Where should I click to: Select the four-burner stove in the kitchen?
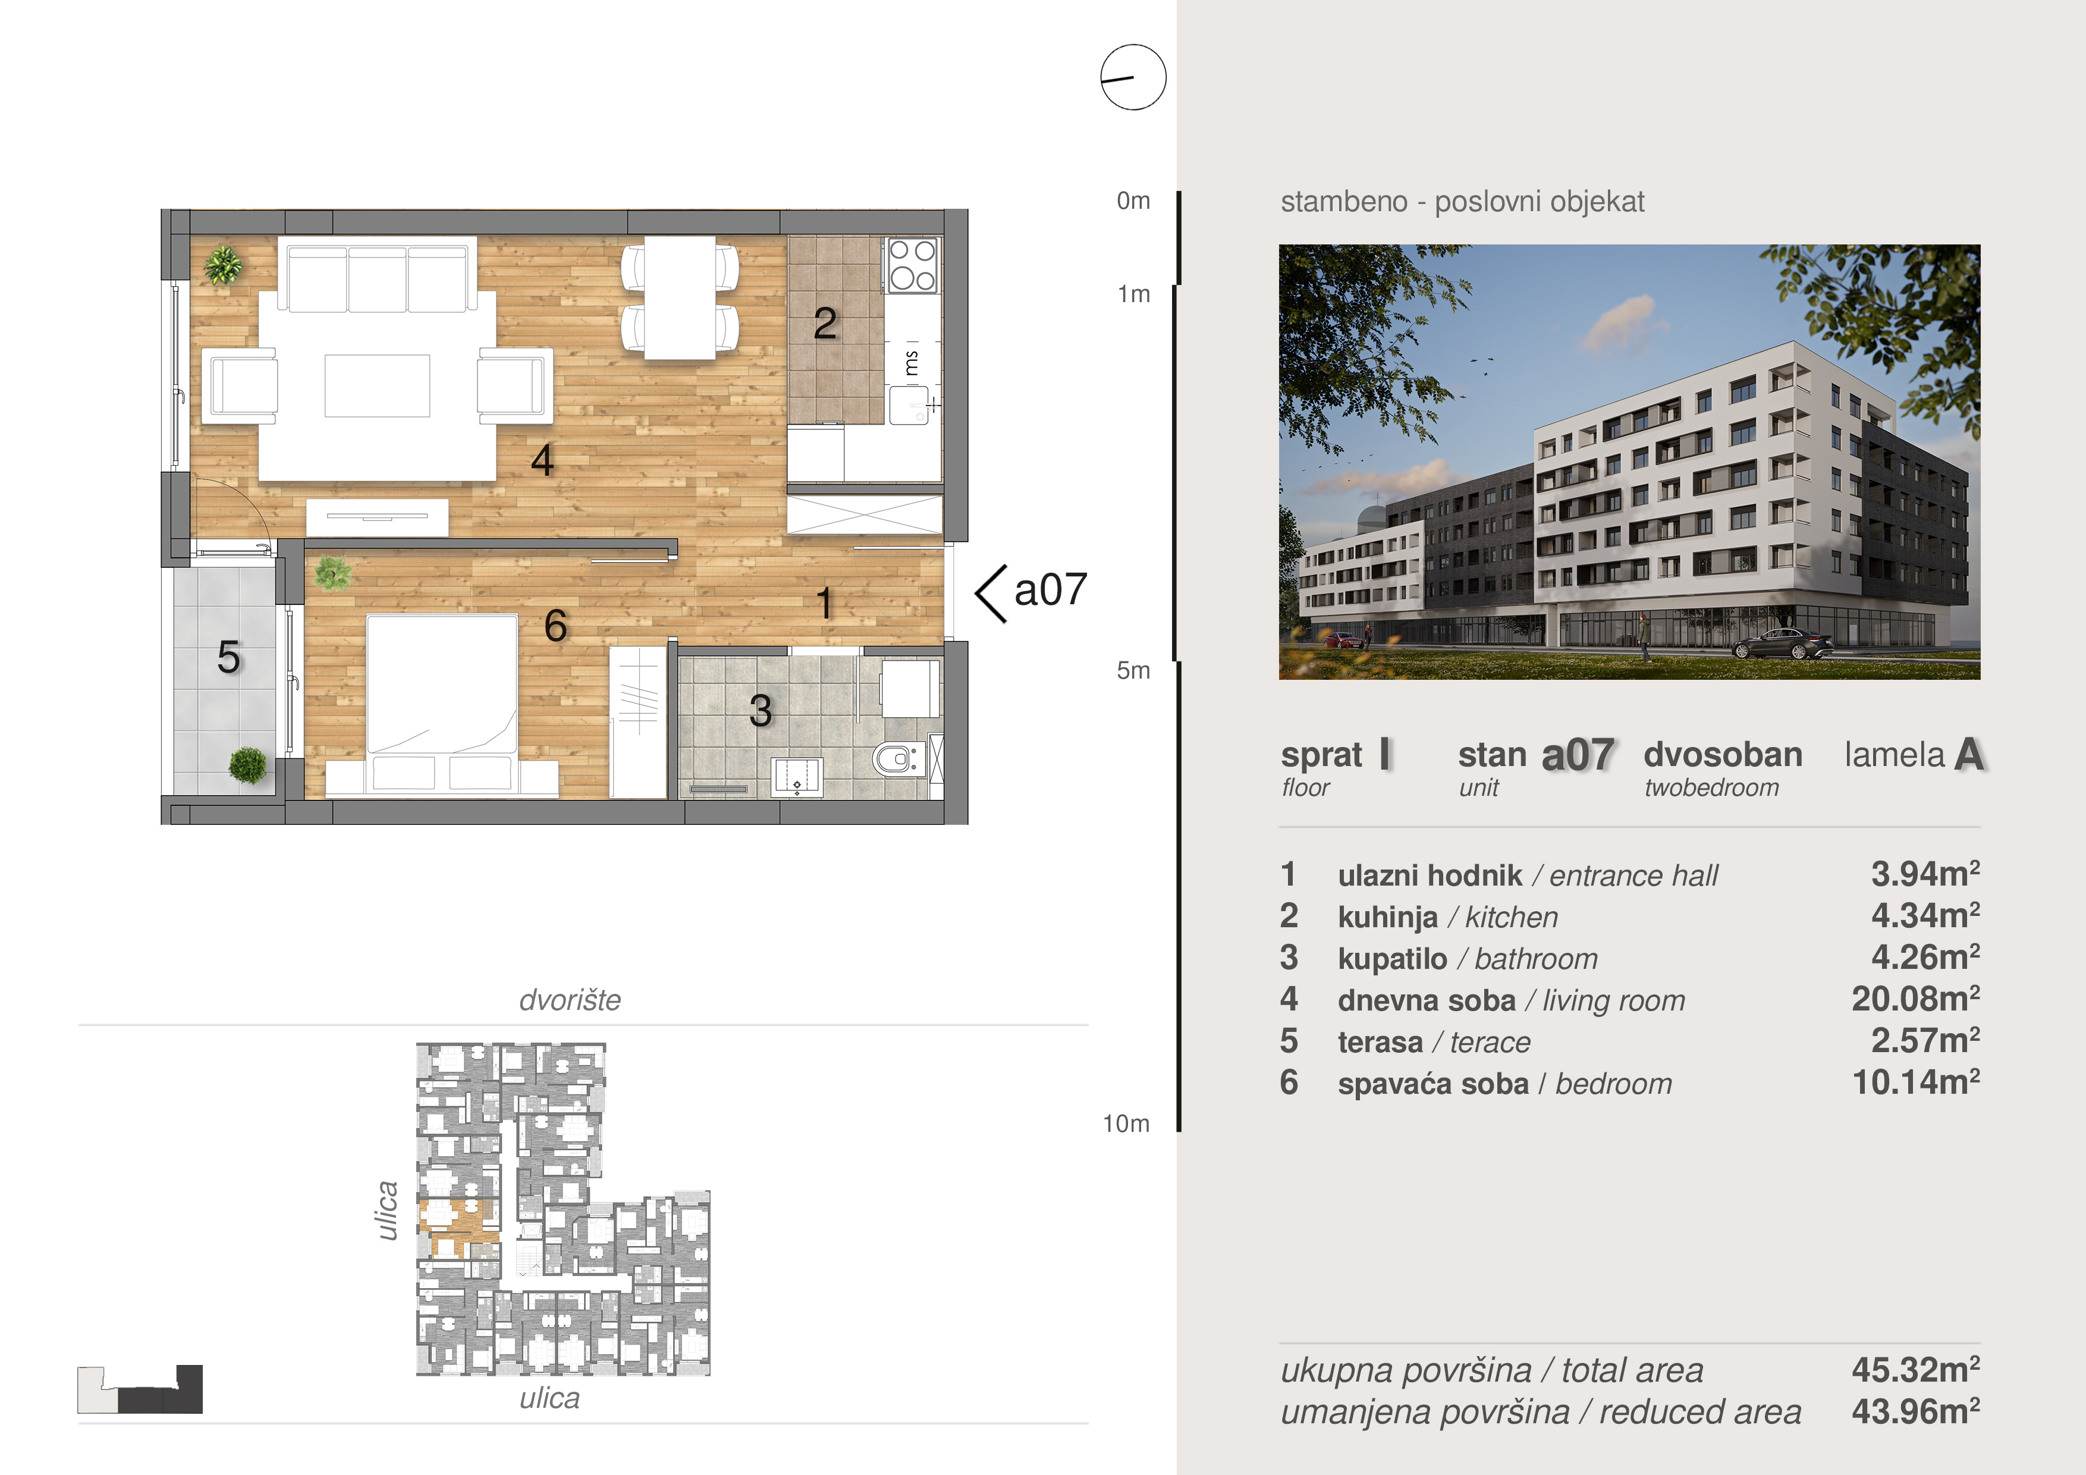[912, 265]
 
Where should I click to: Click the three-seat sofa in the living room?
[377, 274]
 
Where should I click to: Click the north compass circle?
[1133, 77]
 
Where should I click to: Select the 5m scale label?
[1133, 671]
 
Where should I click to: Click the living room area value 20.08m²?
[1915, 999]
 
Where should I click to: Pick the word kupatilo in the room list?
[1392, 959]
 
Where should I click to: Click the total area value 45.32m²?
[1915, 1370]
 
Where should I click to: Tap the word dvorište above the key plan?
[570, 1000]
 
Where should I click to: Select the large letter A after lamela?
[1969, 754]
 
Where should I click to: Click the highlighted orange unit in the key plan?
[458, 1227]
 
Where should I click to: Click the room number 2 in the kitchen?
[825, 324]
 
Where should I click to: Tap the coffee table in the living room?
[377, 385]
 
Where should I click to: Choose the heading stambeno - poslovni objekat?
[1462, 202]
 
